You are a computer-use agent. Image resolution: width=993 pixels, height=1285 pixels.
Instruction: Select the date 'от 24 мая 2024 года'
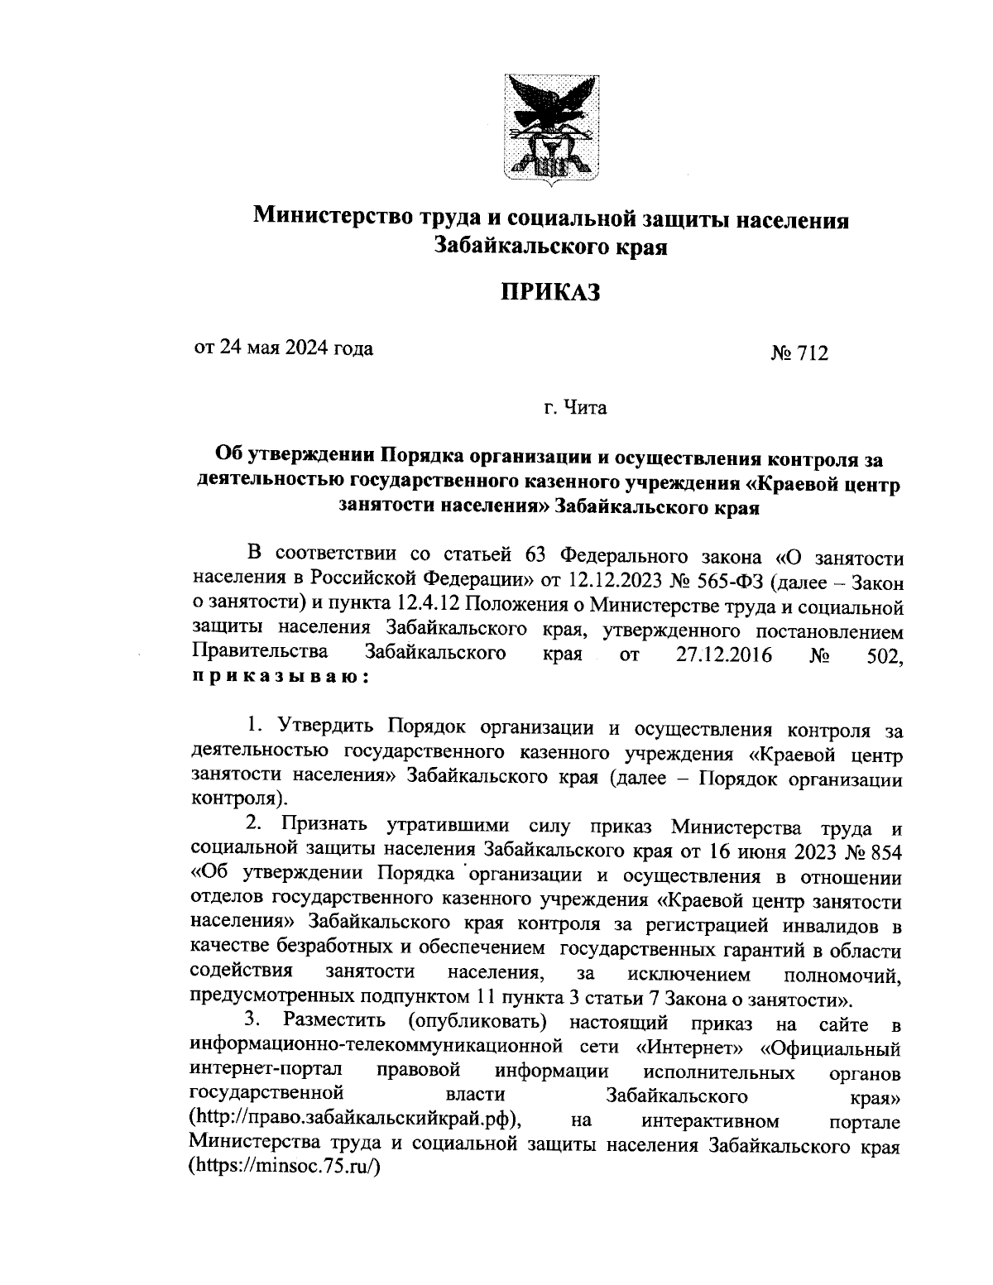click(x=283, y=348)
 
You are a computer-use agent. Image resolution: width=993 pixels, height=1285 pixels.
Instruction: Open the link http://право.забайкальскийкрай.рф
click(x=354, y=1120)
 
